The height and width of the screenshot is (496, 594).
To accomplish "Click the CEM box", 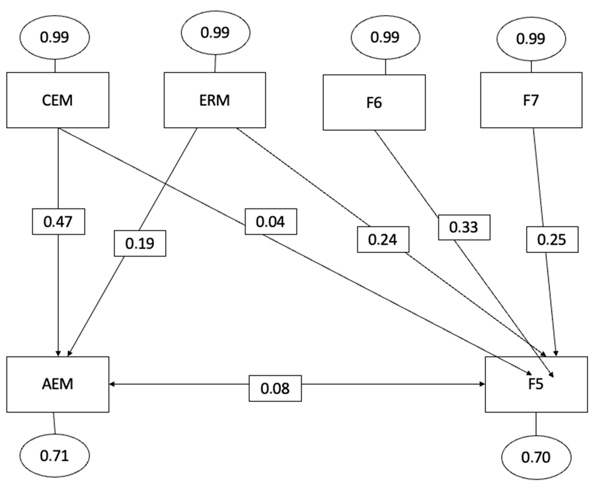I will coord(58,100).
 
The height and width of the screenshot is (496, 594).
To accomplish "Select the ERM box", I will coord(215,100).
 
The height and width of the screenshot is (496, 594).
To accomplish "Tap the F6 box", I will coord(374,102).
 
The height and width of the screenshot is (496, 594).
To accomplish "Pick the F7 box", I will coord(531,100).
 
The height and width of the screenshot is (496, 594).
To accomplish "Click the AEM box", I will coord(58,384).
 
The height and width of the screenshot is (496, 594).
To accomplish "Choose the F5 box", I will coord(536,384).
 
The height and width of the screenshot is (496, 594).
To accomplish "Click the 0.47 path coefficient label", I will coord(58,222).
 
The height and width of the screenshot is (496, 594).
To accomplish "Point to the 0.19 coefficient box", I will coord(140,243).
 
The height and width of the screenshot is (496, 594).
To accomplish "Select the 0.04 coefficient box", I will coord(271,222).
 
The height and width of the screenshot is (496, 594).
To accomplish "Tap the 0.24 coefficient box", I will coord(383,239).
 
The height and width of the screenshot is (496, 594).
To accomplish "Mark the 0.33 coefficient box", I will coord(464,227).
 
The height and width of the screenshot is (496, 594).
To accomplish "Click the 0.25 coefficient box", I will coord(552,239).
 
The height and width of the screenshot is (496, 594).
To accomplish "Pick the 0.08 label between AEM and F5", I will coord(275,388).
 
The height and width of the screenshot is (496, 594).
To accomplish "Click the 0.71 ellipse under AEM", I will coord(55,456).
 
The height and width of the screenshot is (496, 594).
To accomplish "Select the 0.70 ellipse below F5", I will coord(536,457).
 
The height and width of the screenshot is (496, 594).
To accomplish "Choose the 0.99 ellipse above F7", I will coord(531,39).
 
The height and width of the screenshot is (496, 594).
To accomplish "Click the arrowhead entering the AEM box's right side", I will coord(112,384).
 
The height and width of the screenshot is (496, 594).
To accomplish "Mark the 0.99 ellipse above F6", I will coord(385,37).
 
